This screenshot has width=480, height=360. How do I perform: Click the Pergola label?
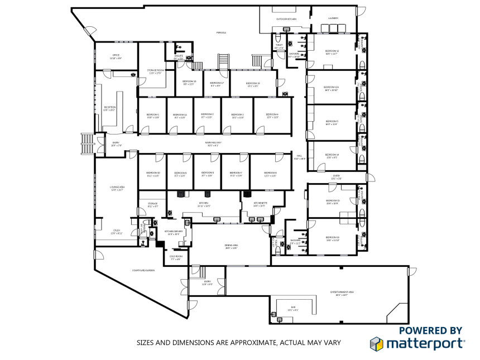[x=221, y=33]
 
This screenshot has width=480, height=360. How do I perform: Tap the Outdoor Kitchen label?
[x=286, y=19]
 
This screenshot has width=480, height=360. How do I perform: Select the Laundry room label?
[x=333, y=18]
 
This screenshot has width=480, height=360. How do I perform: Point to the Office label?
[x=116, y=55]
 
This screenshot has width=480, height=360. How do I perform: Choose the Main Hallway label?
[x=214, y=143]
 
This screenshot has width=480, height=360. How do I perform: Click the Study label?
[x=116, y=231]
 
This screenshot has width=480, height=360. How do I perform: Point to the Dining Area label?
[x=232, y=246]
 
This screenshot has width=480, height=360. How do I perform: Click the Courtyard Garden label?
[x=143, y=271]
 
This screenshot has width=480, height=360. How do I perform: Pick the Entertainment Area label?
[x=342, y=292]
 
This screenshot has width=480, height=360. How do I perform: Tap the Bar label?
[x=293, y=309]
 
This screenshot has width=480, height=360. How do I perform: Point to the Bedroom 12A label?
[x=332, y=88]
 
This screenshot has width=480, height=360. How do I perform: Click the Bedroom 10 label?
[x=153, y=173]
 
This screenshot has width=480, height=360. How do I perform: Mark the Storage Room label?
[x=155, y=70]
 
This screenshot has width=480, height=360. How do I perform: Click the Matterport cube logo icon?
[x=376, y=343]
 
